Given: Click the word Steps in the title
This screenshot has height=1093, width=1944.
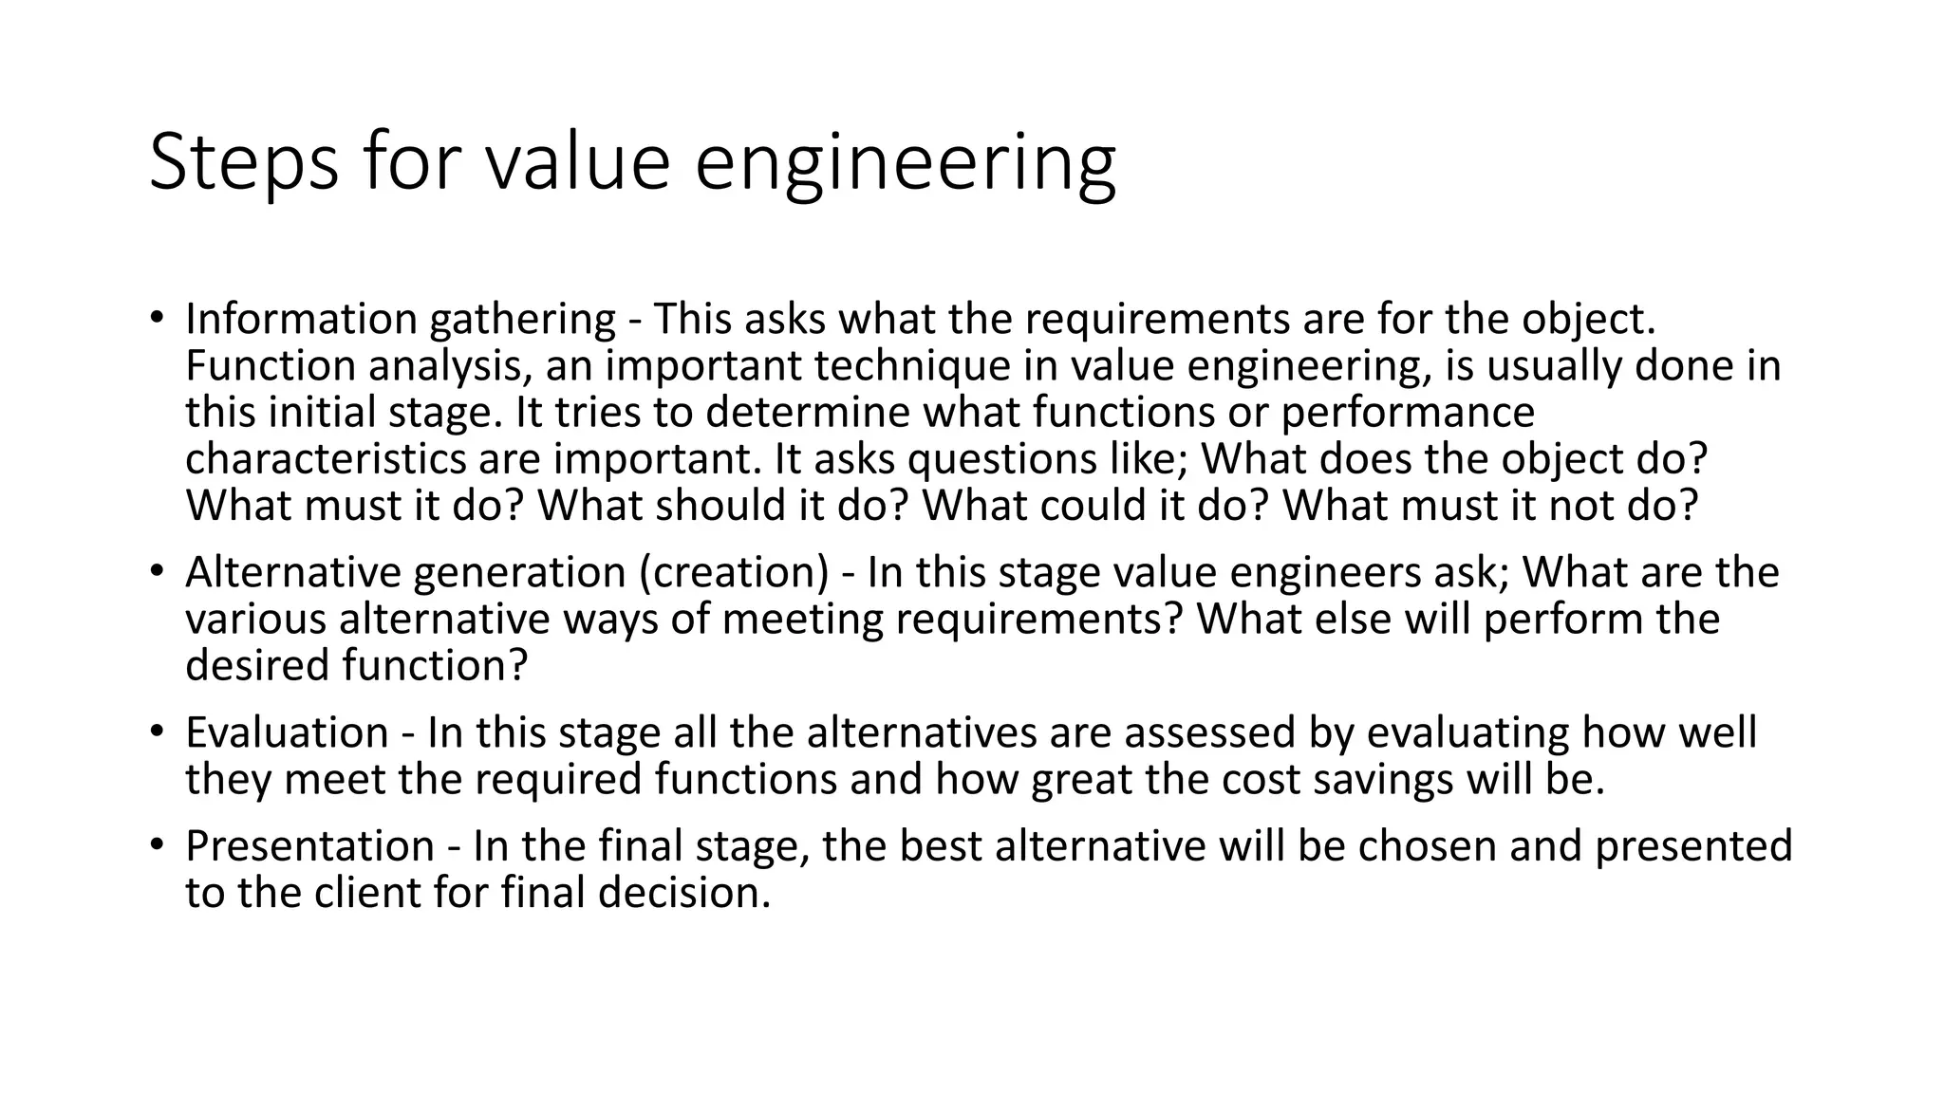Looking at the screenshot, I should click(x=243, y=163).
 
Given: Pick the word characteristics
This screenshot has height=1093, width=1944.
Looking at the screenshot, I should click(x=325, y=459).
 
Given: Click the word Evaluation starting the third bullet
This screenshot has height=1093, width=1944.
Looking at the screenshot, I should click(x=287, y=732).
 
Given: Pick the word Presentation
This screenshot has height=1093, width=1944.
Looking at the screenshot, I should click(x=309, y=845).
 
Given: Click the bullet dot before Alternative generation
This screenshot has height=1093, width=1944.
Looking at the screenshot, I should click(x=156, y=571).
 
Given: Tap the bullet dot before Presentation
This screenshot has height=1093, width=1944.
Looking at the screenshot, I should click(x=156, y=844).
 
